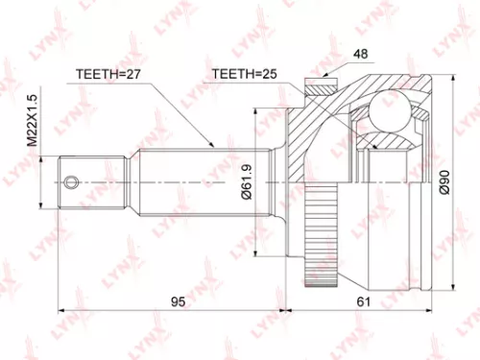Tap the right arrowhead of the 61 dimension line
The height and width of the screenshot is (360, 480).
422,311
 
